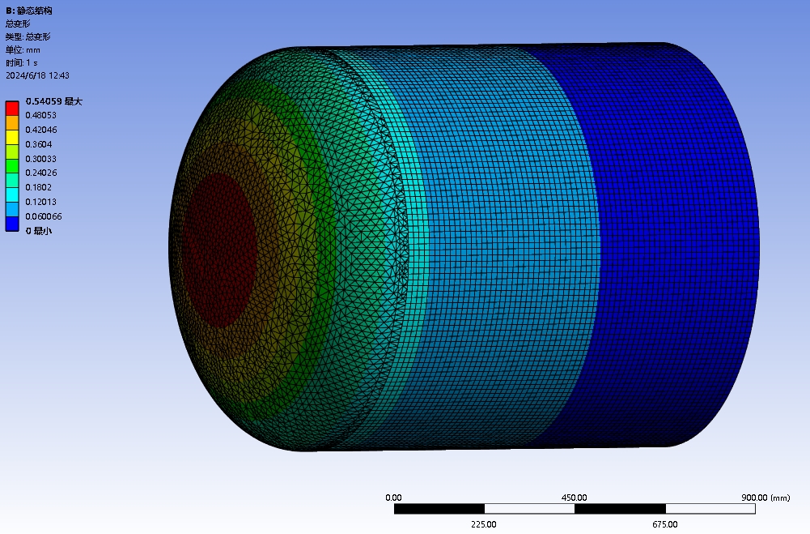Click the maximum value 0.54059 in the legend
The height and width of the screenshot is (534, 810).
pos(44,101)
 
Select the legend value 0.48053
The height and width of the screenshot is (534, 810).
pos(40,115)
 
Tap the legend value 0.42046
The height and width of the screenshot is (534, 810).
pos(40,130)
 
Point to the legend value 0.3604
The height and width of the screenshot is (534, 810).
pos(39,144)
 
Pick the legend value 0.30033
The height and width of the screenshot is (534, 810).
pos(40,159)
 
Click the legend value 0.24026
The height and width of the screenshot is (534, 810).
pos(40,173)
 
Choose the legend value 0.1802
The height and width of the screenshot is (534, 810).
pos(39,187)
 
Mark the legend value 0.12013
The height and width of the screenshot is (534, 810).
pos(40,202)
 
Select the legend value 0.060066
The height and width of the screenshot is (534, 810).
pos(44,216)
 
